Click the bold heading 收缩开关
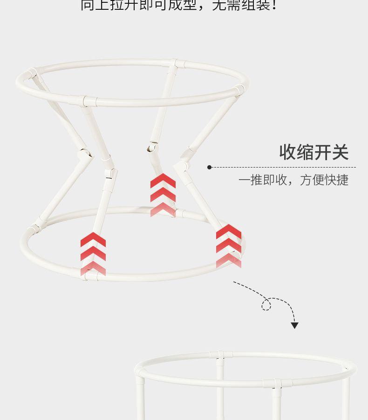click(x=313, y=153)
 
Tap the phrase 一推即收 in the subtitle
click(x=263, y=180)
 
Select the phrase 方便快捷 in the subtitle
click(x=324, y=180)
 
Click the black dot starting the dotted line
click(x=210, y=167)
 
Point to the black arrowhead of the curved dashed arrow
click(x=294, y=325)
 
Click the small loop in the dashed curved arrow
click(x=266, y=305)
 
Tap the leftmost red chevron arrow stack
click(x=93, y=254)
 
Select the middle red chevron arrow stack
click(x=163, y=195)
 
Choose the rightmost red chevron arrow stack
click(x=229, y=246)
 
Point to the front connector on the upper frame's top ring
click(x=84, y=100)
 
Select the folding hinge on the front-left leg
click(x=110, y=172)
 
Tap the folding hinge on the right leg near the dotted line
click(x=183, y=166)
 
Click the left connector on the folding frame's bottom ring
click(x=34, y=230)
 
